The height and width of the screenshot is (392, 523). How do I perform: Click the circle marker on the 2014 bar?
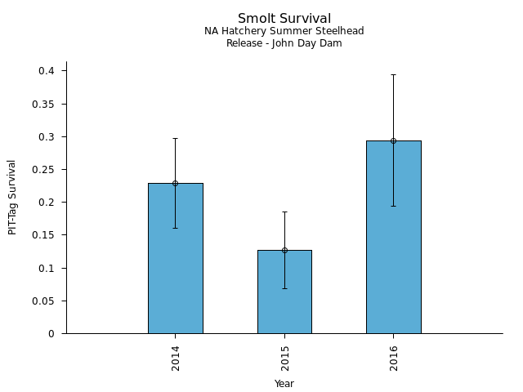point(175,183)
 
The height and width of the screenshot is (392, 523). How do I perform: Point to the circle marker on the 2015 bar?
point(284,250)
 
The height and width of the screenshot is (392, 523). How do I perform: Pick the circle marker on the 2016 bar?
point(393,140)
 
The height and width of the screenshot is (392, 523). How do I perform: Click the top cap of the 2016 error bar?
point(393,74)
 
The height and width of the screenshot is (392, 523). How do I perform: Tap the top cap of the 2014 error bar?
point(175,138)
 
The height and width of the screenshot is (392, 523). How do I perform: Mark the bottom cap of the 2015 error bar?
point(284,288)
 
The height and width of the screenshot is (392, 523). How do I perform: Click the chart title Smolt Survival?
point(284,19)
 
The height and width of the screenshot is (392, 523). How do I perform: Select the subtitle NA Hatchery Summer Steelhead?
point(284,31)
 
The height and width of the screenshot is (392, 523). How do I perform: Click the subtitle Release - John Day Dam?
point(284,43)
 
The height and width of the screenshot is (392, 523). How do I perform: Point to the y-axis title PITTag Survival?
point(12,197)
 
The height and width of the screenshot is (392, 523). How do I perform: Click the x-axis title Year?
point(284,384)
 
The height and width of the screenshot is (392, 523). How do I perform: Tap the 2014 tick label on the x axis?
point(176,358)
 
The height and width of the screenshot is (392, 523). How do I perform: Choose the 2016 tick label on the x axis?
point(394,358)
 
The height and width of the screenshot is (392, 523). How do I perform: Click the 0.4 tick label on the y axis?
point(47,71)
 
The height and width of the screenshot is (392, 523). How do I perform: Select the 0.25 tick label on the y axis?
point(43,170)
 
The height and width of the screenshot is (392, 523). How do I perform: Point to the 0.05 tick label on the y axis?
point(43,301)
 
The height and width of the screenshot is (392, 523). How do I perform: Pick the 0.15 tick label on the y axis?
point(43,235)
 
